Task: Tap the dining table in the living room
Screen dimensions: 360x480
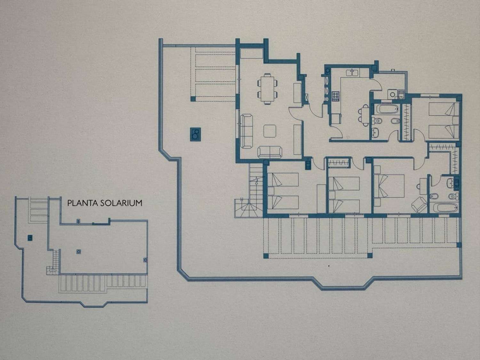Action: tap(267, 89)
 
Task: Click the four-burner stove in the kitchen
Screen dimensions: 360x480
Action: tap(336, 96)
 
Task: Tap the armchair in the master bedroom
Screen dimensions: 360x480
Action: tap(420, 204)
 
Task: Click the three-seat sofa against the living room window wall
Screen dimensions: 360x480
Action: tap(246, 131)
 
